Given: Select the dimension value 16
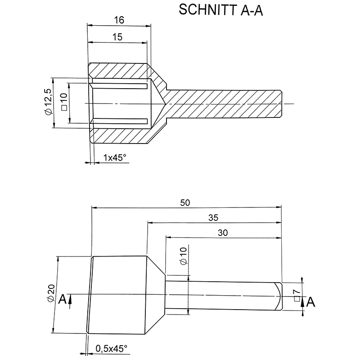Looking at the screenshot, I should [x=119, y=20].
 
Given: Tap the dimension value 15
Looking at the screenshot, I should [x=117, y=37].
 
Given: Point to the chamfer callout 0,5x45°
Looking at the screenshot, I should [x=112, y=348].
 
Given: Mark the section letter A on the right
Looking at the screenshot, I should [x=310, y=303].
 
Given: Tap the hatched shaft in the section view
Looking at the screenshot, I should [x=225, y=104].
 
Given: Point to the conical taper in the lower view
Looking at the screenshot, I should [x=156, y=295].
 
